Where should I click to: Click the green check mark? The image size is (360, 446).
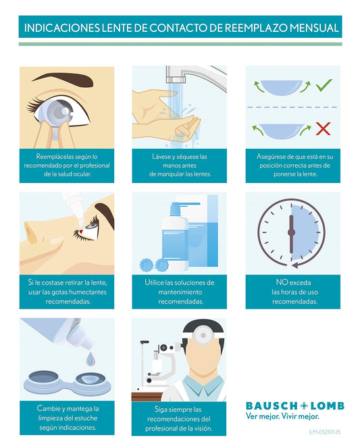[x=324, y=85]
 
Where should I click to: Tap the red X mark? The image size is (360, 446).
[x=324, y=129]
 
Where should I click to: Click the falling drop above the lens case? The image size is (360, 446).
[x=91, y=358]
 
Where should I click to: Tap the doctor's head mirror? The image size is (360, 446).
[x=203, y=335]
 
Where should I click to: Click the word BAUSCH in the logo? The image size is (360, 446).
[x=272, y=406]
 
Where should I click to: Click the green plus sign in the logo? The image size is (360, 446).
[x=304, y=406]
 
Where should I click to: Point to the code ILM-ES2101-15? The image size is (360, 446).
[x=324, y=432]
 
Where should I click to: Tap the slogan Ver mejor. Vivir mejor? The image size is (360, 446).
[x=282, y=416]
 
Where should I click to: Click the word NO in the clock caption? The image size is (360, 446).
[x=281, y=282]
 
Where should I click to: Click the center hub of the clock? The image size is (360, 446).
[x=291, y=232]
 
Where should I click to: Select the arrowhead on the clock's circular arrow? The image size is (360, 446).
[x=295, y=265]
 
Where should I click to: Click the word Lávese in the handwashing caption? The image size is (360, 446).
[x=161, y=157]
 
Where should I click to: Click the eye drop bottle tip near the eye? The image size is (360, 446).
[x=81, y=222]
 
